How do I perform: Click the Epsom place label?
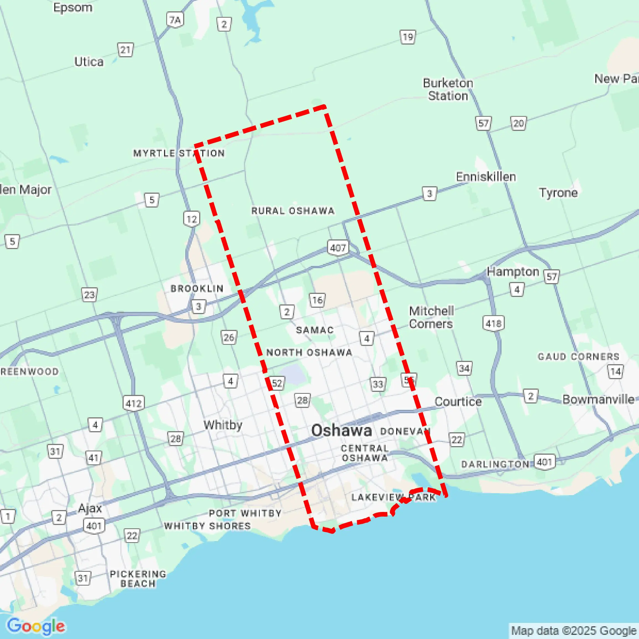pyautogui.click(x=73, y=7)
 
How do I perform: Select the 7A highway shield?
pyautogui.click(x=175, y=20)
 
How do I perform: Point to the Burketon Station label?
pyautogui.click(x=448, y=89)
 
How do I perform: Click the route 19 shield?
pyautogui.click(x=408, y=37)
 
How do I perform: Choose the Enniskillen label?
pyautogui.click(x=485, y=177)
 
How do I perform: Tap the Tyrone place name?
pyautogui.click(x=558, y=193)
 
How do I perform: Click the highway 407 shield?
pyautogui.click(x=338, y=247)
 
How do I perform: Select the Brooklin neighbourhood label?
pyautogui.click(x=197, y=289)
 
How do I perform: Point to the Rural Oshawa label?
pyautogui.click(x=293, y=211)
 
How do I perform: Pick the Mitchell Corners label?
pyautogui.click(x=431, y=317)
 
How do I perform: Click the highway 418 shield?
pyautogui.click(x=493, y=323)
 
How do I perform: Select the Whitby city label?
pyautogui.click(x=223, y=425)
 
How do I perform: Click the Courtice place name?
pyautogui.click(x=458, y=401)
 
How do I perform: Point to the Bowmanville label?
pyautogui.click(x=598, y=399)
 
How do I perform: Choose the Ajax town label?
pyautogui.click(x=90, y=508)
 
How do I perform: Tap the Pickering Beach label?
pyautogui.click(x=138, y=578)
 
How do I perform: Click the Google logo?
pyautogui.click(x=36, y=626)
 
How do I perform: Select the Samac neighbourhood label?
pyautogui.click(x=315, y=330)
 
